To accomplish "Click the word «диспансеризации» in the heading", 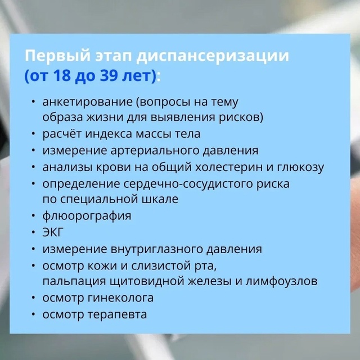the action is click(x=213, y=56).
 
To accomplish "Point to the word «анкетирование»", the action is click(x=88, y=102).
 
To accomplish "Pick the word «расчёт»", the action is click(x=62, y=134).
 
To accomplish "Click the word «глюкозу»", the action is click(x=300, y=168).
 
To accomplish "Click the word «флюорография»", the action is click(x=87, y=216).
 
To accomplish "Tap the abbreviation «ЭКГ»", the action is click(x=52, y=232).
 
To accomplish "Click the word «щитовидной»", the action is click(x=147, y=281).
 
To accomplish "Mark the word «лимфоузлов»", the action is click(x=281, y=281).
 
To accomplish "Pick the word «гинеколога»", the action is click(x=120, y=298).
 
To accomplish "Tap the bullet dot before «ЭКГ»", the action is click(x=34, y=232).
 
